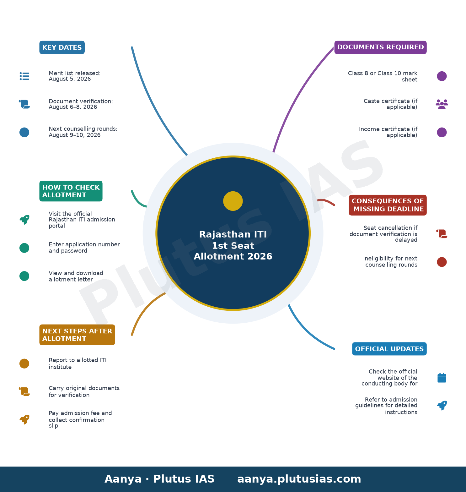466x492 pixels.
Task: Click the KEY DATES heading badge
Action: tap(62, 47)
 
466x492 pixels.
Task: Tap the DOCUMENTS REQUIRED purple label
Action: tap(380, 47)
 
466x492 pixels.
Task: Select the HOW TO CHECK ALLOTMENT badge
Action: tap(71, 191)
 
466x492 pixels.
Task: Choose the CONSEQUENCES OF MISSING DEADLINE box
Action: tap(388, 205)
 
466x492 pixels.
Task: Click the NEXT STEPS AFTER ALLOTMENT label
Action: tap(77, 335)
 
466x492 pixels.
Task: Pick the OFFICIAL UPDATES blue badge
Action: tap(389, 349)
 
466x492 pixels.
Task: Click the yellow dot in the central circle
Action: tap(233, 201)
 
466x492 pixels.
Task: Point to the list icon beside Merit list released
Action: tap(24, 76)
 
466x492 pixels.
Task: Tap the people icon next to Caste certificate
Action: tap(442, 104)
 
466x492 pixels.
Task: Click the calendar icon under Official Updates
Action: tap(442, 378)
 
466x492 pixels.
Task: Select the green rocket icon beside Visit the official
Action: tap(24, 220)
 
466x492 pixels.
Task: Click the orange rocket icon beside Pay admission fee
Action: tap(24, 419)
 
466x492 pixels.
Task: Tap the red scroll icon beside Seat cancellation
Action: tap(442, 234)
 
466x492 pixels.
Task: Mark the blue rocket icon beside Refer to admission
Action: tap(442, 406)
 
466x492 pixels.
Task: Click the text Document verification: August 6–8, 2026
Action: tap(81, 104)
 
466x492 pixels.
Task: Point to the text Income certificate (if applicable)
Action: tap(388, 132)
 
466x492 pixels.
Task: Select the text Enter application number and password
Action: tap(84, 248)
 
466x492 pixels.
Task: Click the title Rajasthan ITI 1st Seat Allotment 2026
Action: tap(233, 245)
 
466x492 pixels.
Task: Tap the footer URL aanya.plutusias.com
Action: tap(299, 479)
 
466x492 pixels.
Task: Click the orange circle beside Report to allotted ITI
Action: tap(24, 364)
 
